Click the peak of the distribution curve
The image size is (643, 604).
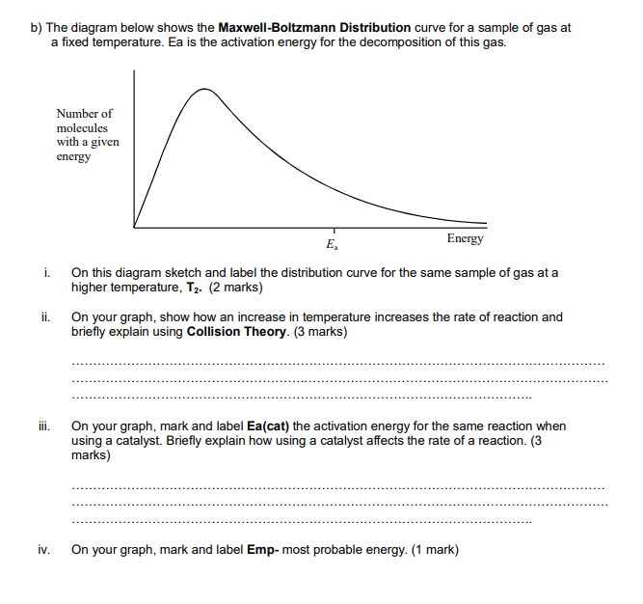pyautogui.click(x=203, y=89)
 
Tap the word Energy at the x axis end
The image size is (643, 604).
pyautogui.click(x=466, y=238)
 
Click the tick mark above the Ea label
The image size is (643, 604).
pyautogui.click(x=334, y=232)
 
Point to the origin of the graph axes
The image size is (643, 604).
pyautogui.click(x=134, y=228)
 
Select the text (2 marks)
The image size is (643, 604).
pyautogui.click(x=232, y=288)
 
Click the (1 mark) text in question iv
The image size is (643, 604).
pyautogui.click(x=435, y=550)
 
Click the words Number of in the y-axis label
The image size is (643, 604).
pyautogui.click(x=84, y=113)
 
